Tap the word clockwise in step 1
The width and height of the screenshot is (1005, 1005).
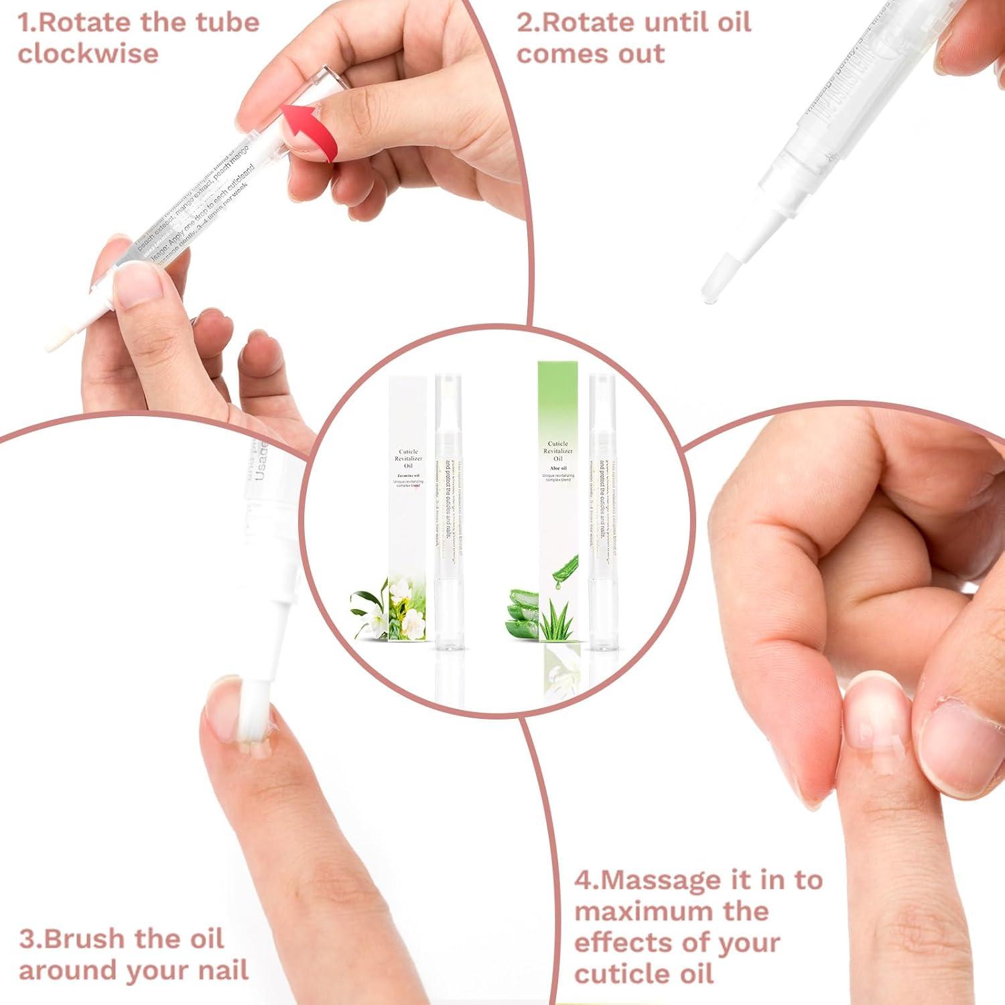[88, 54]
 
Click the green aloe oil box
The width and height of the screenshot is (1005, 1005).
[558, 496]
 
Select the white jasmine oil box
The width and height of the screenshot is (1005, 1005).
[407, 496]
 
